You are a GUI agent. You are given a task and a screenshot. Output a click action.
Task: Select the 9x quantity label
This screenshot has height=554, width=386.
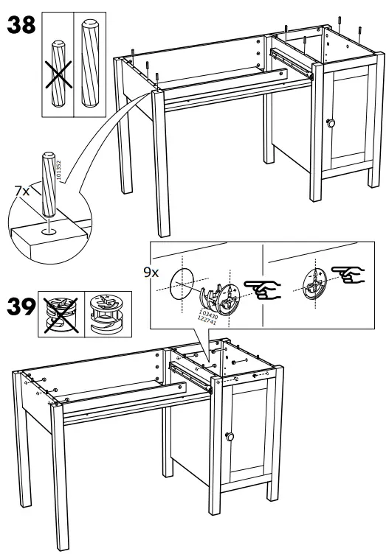point(151,272)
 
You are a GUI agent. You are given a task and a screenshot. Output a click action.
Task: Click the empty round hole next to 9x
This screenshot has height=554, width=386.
point(182,284)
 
